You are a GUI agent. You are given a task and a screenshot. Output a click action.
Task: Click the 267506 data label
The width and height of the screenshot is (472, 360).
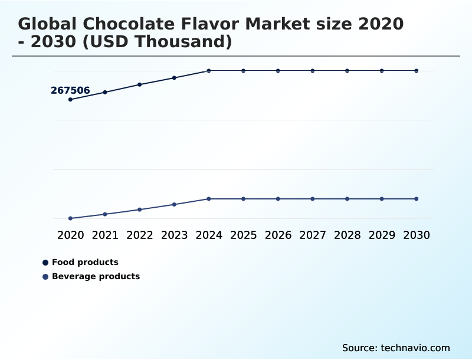pos(70,90)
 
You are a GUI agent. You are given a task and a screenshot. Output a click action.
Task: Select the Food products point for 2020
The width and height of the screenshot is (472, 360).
pos(70,99)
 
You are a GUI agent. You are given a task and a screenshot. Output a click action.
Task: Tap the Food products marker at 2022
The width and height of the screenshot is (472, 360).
pos(140,84)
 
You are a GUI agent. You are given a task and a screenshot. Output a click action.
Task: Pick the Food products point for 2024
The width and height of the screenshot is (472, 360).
pos(209,71)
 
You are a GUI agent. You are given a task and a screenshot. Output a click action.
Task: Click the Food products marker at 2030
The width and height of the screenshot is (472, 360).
pos(416,71)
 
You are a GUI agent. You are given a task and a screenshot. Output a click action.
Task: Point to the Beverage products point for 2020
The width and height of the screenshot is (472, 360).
pos(70,218)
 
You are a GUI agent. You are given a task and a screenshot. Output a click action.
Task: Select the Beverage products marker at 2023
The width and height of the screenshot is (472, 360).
pos(174,204)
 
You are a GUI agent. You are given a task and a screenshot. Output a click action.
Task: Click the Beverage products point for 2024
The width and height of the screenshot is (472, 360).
pos(209,199)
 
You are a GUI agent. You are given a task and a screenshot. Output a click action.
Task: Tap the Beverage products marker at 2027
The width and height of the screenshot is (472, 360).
pos(313,199)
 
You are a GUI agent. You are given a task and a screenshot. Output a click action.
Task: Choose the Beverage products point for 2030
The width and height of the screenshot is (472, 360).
pos(416,199)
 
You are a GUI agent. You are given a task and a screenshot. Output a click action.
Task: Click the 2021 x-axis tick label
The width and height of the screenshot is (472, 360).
pos(105,235)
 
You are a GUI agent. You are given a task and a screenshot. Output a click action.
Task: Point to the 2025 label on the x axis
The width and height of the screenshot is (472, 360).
pos(243,235)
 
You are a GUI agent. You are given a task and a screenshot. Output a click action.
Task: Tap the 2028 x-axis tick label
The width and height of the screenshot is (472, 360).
pos(347,235)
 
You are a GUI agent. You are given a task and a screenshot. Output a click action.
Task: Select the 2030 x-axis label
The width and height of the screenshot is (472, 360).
pos(416,235)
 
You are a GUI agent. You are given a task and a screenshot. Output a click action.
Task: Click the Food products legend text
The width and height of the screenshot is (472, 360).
pos(85,262)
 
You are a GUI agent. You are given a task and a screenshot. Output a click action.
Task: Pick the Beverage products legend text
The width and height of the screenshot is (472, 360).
pos(96,276)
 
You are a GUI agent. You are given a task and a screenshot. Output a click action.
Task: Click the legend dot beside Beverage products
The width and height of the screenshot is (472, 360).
pos(45,276)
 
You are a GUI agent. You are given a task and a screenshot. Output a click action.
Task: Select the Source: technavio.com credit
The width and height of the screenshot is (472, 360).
pos(396,348)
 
